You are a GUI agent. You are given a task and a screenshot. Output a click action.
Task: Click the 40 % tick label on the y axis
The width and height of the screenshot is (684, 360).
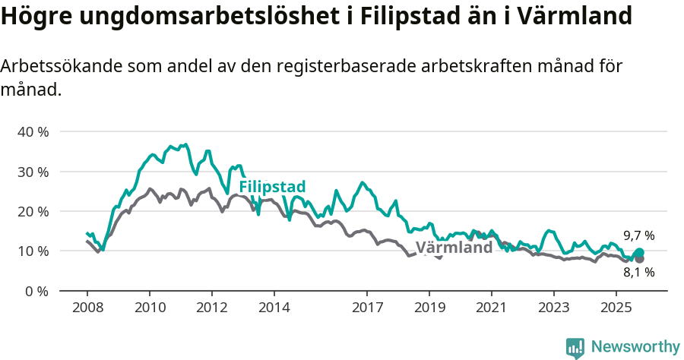(33, 132)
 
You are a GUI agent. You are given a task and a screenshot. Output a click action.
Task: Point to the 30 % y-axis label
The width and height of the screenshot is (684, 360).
(33, 172)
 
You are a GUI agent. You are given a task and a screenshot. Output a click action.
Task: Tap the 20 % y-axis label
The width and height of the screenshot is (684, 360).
(33, 211)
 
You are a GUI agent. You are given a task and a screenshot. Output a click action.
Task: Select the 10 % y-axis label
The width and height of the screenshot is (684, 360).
(33, 251)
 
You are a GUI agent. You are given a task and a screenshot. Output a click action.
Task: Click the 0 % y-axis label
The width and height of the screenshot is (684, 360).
(36, 291)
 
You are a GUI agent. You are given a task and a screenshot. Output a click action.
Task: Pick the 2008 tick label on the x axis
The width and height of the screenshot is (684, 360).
(87, 308)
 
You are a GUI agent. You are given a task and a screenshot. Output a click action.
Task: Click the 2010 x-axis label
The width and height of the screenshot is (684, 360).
(150, 308)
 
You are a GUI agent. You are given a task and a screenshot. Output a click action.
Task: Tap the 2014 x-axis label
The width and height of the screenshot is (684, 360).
(274, 308)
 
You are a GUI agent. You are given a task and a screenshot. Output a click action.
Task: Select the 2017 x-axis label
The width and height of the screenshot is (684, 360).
(367, 308)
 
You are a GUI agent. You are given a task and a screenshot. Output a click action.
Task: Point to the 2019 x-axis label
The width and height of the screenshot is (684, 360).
(429, 308)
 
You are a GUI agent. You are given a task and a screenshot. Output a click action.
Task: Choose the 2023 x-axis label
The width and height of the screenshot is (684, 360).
(554, 308)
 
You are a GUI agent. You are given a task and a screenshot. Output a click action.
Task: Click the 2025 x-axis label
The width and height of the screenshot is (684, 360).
(616, 308)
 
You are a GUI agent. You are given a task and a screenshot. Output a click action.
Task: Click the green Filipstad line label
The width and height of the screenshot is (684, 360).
(272, 187)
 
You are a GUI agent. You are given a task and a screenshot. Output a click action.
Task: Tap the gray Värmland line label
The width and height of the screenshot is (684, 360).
(454, 248)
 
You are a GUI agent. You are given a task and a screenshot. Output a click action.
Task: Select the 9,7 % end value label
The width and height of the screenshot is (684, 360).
(638, 235)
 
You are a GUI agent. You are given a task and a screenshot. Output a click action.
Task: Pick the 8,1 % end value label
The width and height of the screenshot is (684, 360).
(638, 273)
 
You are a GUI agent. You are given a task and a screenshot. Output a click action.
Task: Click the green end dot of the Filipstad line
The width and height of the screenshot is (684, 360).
(639, 253)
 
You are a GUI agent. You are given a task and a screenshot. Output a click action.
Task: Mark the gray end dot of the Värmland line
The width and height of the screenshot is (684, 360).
(639, 259)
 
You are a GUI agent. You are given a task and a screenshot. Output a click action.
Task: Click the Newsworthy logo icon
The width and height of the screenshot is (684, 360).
(575, 347)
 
